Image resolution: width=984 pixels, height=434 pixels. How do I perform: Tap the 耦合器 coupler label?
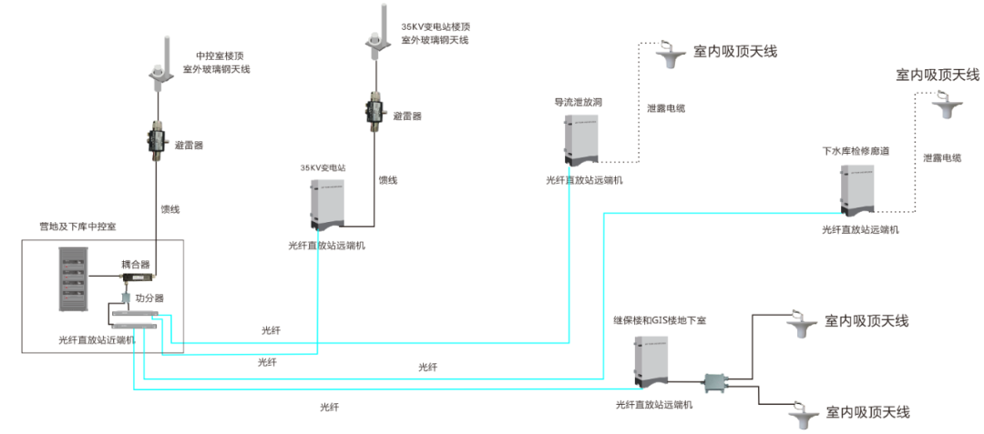(x=135, y=263)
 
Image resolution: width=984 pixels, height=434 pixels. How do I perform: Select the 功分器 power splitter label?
(x=149, y=298)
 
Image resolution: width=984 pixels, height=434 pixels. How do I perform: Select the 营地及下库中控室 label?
(x=65, y=225)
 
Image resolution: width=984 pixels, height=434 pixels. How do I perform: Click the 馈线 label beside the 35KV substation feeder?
(x=388, y=180)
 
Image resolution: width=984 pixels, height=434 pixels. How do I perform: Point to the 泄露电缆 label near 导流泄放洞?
(x=666, y=108)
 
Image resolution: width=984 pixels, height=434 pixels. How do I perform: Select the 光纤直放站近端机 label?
(x=97, y=339)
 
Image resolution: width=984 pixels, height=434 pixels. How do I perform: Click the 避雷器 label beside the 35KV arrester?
(x=407, y=116)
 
